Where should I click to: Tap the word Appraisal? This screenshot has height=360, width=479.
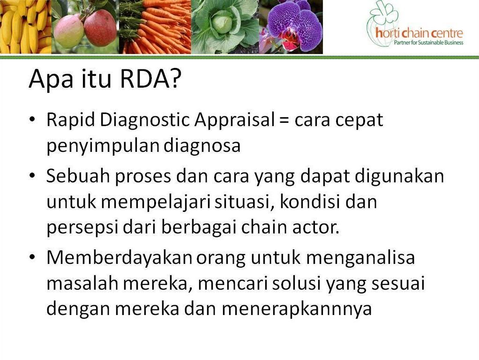(x=235, y=120)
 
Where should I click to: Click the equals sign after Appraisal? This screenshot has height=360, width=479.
(x=284, y=120)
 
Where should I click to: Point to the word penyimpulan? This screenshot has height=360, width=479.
(x=103, y=146)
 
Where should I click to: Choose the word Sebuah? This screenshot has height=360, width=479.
(x=78, y=176)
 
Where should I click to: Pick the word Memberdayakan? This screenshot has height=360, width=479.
(x=120, y=258)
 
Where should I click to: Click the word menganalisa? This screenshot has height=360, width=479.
(x=360, y=259)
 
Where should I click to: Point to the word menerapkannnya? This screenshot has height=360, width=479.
(x=297, y=310)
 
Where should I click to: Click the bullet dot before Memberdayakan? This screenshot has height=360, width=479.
(x=32, y=257)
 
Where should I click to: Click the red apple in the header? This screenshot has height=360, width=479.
(x=100, y=28)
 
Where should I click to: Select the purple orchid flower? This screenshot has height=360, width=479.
(x=294, y=26)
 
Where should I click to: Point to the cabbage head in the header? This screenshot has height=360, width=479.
(x=222, y=24)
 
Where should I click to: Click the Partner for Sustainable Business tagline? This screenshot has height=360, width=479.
(x=428, y=43)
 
